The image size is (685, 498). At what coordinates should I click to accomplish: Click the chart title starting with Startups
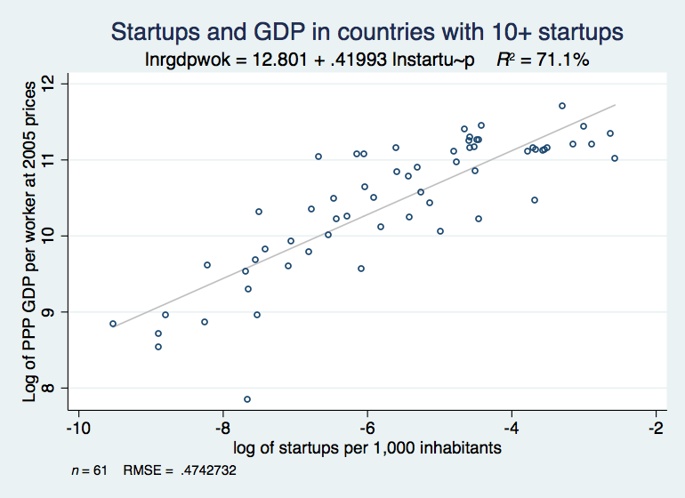[x=367, y=32]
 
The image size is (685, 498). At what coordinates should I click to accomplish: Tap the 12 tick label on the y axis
[x=60, y=83]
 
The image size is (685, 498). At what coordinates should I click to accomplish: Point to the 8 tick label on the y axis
[x=60, y=388]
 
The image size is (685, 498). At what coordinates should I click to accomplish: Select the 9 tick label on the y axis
[x=60, y=311]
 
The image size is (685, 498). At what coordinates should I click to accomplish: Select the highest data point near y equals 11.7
[x=562, y=106]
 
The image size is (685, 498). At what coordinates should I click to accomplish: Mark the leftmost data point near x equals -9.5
[x=113, y=324]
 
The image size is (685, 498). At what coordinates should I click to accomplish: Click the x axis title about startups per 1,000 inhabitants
[x=367, y=447]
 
